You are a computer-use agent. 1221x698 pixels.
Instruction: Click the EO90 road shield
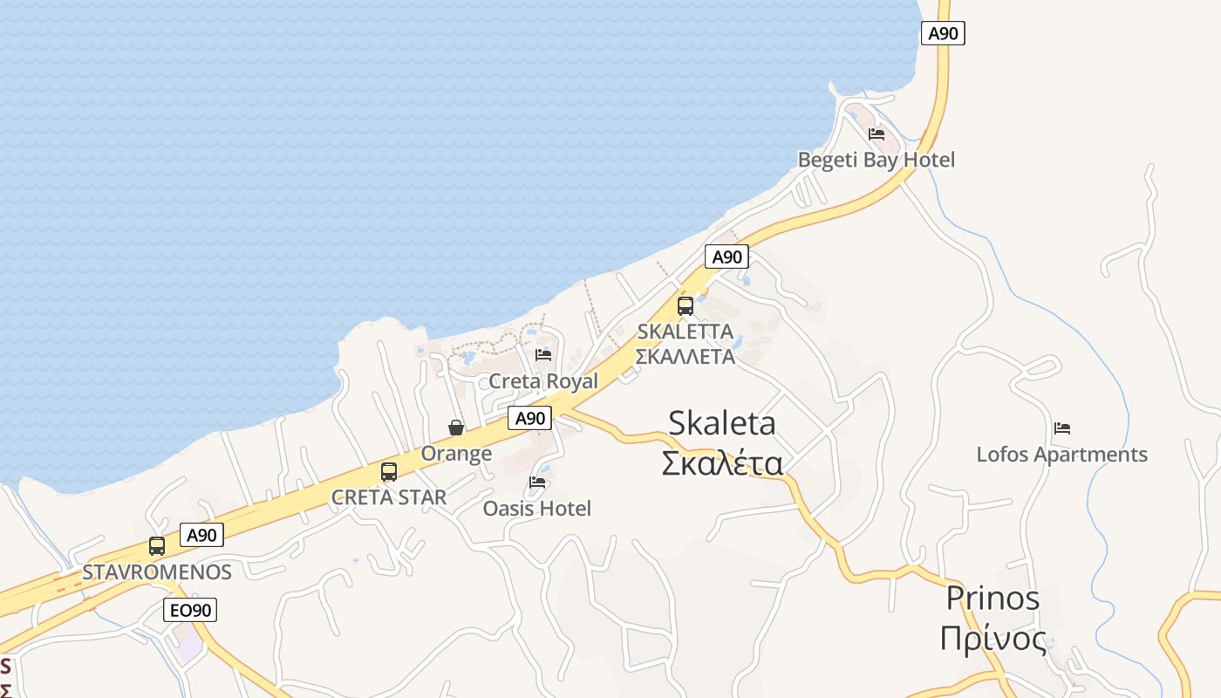[190, 610]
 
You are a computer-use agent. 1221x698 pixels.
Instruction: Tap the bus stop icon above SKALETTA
[686, 305]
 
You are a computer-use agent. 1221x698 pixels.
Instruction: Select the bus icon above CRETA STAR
[389, 472]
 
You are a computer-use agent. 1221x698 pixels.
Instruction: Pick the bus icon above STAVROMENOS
[157, 546]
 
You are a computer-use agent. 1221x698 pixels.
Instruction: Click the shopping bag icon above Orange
[456, 428]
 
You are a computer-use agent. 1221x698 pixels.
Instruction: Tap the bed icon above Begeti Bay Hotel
[877, 134]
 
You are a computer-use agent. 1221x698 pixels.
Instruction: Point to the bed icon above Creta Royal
[543, 355]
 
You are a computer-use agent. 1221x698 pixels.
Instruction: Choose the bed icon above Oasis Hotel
[537, 482]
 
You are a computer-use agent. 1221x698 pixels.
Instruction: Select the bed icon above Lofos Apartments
[1062, 428]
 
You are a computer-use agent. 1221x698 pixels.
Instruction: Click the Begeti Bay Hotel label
[877, 160]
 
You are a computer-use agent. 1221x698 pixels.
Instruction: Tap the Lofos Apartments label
[1061, 455]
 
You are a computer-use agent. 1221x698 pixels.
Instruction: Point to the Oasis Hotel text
[537, 509]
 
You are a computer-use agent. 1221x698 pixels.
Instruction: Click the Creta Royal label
[543, 381]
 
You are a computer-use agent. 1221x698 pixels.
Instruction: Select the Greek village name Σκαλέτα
[722, 463]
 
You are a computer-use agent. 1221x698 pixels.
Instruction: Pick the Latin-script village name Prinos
[993, 599]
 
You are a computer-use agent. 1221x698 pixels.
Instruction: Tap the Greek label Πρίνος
[993, 639]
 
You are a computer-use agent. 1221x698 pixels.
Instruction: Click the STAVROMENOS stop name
[157, 572]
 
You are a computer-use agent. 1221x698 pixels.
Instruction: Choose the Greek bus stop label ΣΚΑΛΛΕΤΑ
[685, 356]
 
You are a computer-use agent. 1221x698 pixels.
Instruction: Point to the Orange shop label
[456, 454]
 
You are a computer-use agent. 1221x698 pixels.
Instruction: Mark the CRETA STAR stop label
[389, 497]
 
